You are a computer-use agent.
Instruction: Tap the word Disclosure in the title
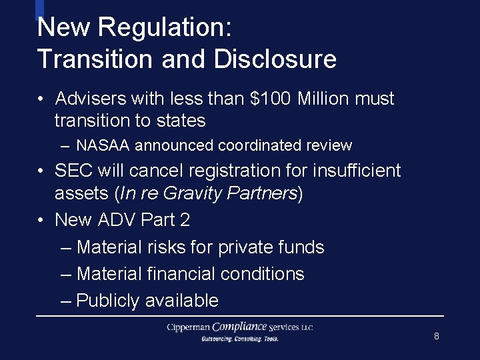pyautogui.click(x=275, y=59)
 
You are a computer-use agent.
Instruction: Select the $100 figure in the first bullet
pyautogui.click(x=270, y=99)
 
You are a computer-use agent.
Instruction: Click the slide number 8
pyautogui.click(x=437, y=336)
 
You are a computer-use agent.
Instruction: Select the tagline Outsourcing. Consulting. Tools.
pyautogui.click(x=240, y=339)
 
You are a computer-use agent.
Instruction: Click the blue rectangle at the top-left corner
pyautogui.click(x=39, y=9)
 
